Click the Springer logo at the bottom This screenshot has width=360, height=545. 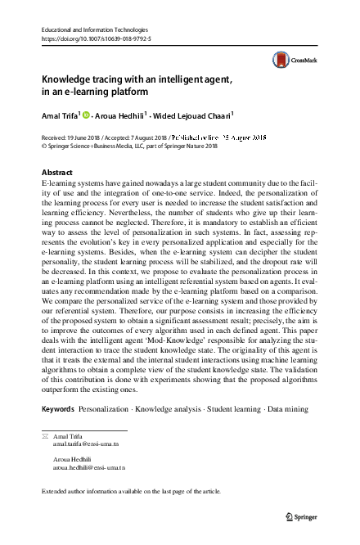pos(300,516)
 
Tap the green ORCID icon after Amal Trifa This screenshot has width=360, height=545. pos(85,115)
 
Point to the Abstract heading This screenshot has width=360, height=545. pos(56,173)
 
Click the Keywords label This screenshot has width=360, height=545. pos(58,408)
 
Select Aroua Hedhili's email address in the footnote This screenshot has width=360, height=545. pos(88,467)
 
